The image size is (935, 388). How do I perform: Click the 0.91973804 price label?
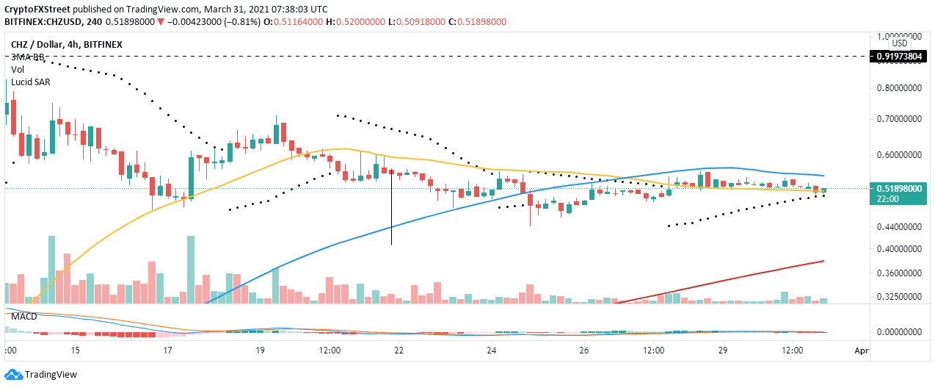tap(899, 56)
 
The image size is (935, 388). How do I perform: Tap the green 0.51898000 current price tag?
tap(900, 189)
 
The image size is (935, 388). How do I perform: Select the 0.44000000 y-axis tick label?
tap(900, 228)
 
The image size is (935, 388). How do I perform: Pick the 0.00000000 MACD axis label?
tap(900, 332)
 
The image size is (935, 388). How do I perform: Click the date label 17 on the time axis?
tap(168, 352)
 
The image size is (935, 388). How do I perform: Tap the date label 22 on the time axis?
tap(399, 352)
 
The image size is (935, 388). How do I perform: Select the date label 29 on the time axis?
tap(723, 352)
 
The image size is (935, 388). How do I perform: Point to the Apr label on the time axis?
tap(862, 352)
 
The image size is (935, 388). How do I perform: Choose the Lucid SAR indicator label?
tap(30, 82)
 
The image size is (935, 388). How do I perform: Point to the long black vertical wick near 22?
tap(391, 213)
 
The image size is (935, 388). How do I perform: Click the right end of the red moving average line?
tap(823, 261)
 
